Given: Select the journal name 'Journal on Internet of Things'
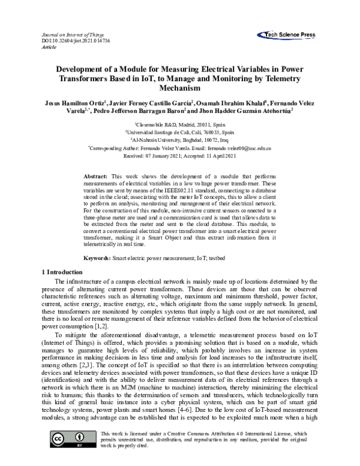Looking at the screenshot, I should [x=73, y=35].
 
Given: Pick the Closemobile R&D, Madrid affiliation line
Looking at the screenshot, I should [x=180, y=123].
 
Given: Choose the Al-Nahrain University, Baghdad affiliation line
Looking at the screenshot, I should [x=180, y=139].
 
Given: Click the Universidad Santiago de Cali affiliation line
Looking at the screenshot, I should [x=180, y=132].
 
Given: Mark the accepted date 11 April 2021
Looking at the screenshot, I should [x=217, y=156].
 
